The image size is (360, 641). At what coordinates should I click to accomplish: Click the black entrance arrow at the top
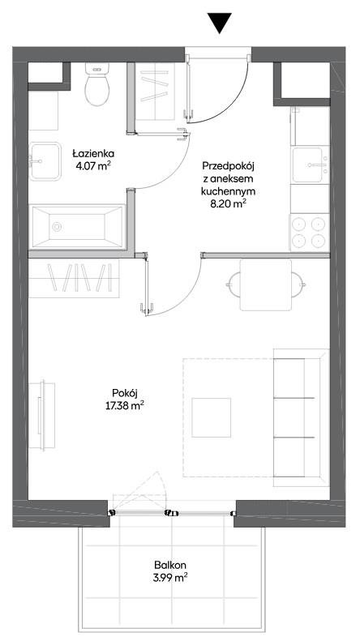coord(219,23)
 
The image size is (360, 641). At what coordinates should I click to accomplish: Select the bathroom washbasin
coord(45,161)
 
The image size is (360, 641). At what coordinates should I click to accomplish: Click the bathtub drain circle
coord(57,226)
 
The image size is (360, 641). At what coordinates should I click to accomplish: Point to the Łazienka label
coord(93,154)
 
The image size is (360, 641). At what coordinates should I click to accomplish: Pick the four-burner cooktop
coord(310,233)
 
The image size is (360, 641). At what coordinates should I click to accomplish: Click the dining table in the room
coord(266,285)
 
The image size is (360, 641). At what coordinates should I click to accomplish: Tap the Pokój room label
coord(124,393)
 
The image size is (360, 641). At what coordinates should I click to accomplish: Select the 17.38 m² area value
coord(124,407)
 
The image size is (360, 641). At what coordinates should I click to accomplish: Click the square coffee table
coord(211,417)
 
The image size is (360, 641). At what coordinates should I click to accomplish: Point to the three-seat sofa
coord(301,417)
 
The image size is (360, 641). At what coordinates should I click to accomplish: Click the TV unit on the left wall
coord(41,415)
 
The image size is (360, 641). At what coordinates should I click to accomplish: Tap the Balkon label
coord(170,566)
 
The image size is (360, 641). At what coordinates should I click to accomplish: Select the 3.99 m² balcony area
coord(170,578)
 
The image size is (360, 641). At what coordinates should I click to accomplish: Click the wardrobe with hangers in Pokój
coord(74,278)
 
